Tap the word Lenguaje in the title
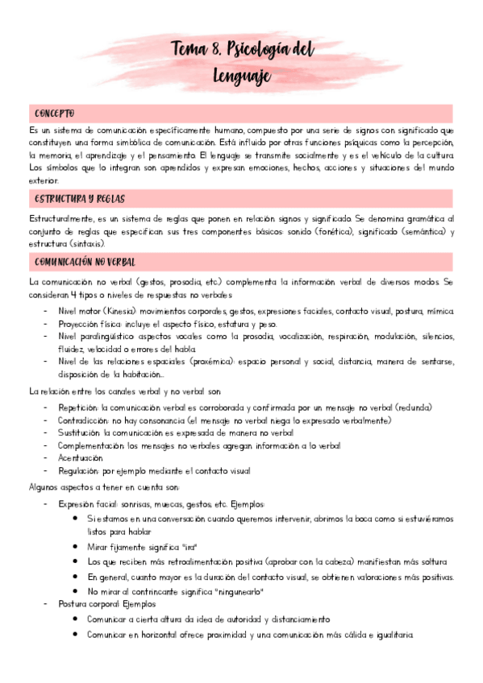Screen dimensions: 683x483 click(242, 77)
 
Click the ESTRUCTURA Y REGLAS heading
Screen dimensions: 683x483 click(79, 198)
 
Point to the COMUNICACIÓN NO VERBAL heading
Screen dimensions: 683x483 click(85, 262)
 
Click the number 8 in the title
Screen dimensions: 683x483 click(213, 50)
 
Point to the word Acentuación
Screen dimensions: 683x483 click(81, 457)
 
